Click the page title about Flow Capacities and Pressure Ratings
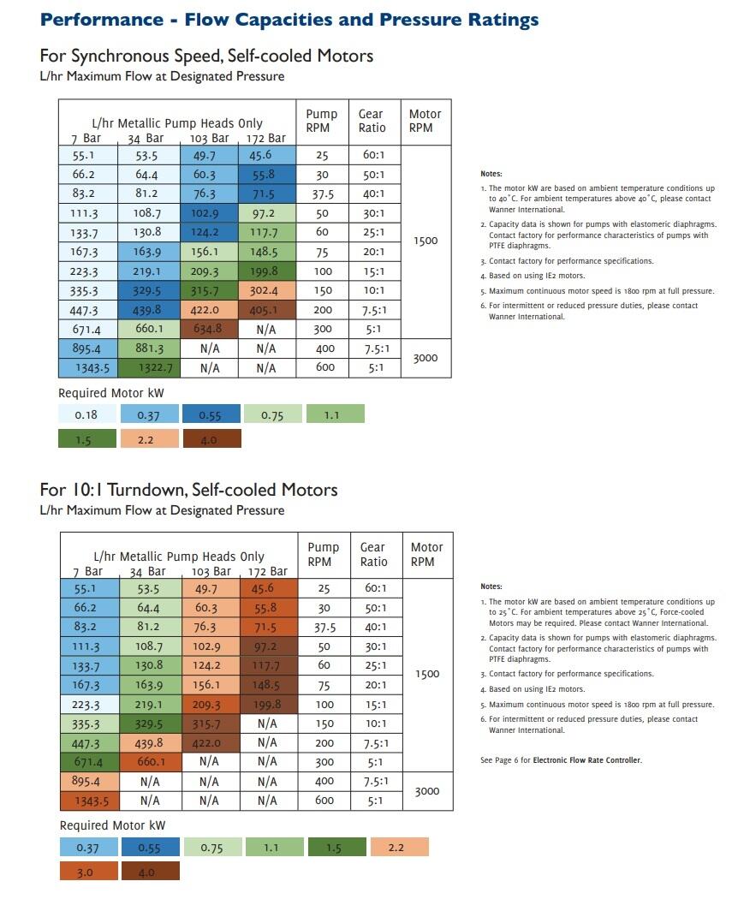tap(289, 20)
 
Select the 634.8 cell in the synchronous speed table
tap(208, 329)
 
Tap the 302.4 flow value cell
tap(266, 290)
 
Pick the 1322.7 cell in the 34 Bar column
tap(149, 368)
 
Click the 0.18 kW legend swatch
tap(86, 414)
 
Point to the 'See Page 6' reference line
tap(561, 760)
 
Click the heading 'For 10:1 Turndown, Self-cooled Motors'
tap(188, 490)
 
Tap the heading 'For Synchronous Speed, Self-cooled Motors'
tap(206, 57)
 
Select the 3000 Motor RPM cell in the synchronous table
tap(425, 358)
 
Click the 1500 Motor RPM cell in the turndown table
tap(426, 674)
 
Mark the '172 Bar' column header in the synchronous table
tap(266, 138)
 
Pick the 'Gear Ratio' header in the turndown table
tap(373, 554)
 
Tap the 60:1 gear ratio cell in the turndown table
tap(373, 588)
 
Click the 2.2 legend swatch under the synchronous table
tap(149, 439)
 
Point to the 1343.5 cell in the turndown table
tap(89, 801)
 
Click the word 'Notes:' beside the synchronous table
tap(491, 174)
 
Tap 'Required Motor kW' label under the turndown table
tap(112, 825)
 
